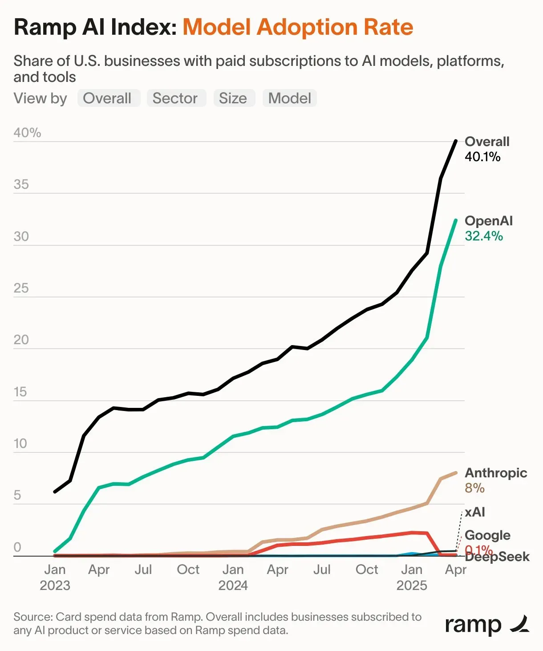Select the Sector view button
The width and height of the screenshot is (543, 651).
pos(175,98)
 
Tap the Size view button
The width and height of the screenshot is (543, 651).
pos(233,98)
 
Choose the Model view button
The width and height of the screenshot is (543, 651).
pos(290,98)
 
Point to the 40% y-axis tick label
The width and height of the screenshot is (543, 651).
pos(27,133)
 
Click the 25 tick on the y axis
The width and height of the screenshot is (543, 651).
pos(21,288)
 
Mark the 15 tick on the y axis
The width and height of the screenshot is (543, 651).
pos(20,392)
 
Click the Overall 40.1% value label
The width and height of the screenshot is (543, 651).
pos(482,157)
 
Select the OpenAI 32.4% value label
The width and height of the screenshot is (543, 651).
pos(484,236)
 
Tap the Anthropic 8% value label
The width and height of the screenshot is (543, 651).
pos(474,488)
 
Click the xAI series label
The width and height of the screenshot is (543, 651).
pos(475,512)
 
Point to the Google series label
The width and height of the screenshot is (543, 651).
pos(487,535)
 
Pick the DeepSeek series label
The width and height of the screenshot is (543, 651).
pos(498,557)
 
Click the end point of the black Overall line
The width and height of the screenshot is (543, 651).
pos(455,141)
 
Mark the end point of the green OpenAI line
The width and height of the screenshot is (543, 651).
pos(455,220)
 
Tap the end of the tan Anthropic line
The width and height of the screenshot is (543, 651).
pos(455,473)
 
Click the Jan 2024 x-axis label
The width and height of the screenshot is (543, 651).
pos(233,577)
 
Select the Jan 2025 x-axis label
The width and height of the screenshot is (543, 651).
pos(412,577)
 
